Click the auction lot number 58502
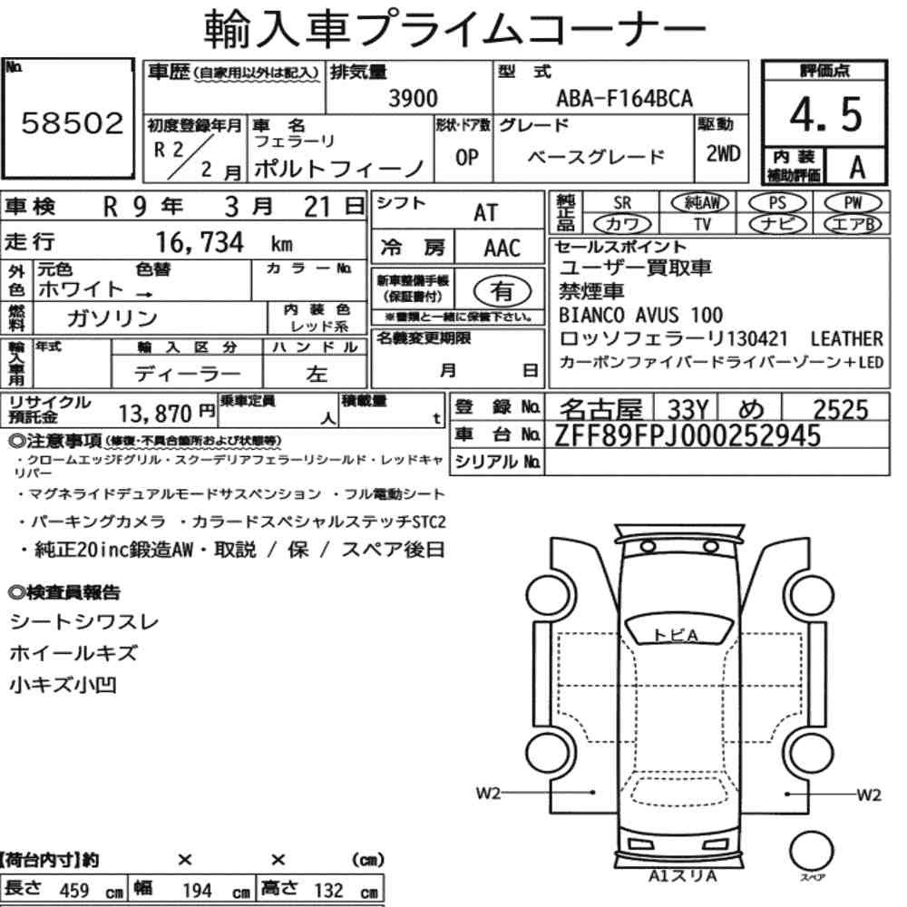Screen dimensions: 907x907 (x=73, y=123)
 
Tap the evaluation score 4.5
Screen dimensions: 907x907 (x=825, y=114)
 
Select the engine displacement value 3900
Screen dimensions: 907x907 (x=413, y=99)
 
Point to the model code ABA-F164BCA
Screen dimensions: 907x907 (x=624, y=98)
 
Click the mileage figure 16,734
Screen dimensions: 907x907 (x=200, y=242)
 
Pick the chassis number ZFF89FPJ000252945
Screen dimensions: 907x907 (x=688, y=435)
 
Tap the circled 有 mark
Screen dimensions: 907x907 (x=502, y=291)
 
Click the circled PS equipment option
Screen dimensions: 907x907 (x=777, y=203)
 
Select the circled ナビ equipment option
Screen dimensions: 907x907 (x=777, y=224)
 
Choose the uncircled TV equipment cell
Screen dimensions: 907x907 (x=702, y=224)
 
